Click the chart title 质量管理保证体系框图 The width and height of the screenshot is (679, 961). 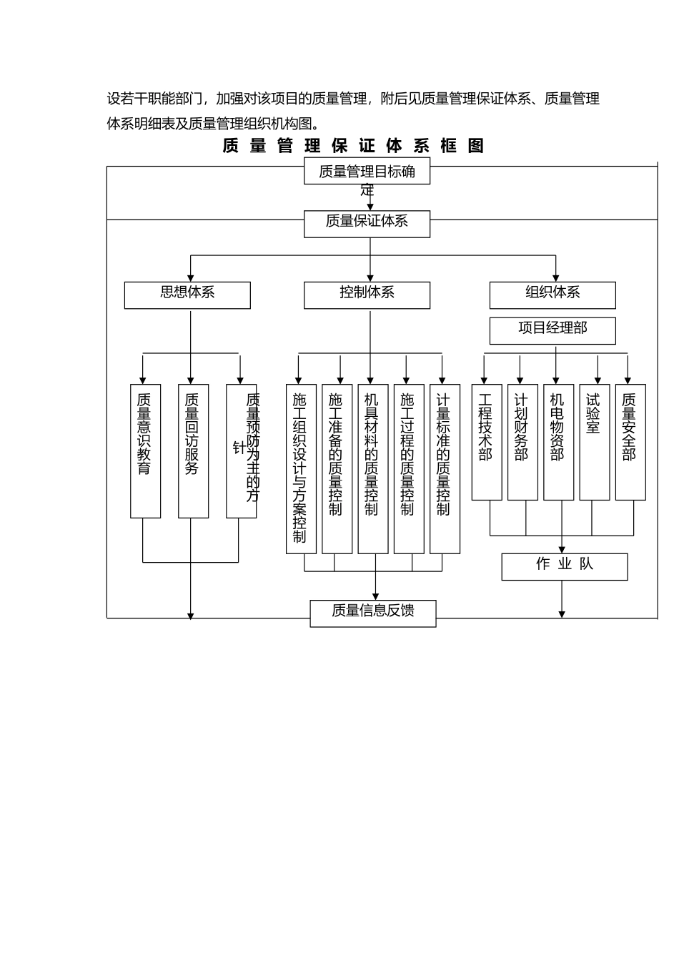click(x=354, y=146)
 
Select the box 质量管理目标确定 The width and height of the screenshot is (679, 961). click(x=367, y=172)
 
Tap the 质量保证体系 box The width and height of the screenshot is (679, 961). click(x=367, y=223)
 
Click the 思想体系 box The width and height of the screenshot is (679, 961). click(x=187, y=295)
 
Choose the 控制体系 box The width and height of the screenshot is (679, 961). click(x=367, y=295)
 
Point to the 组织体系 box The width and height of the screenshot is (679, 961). click(x=552, y=295)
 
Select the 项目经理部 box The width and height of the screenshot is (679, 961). click(x=552, y=330)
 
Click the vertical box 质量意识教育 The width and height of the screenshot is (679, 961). click(x=145, y=450)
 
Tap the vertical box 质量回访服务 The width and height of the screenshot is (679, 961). click(x=193, y=450)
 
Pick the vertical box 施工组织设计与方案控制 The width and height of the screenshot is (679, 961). click(x=301, y=468)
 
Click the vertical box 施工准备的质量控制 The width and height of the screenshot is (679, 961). click(x=337, y=468)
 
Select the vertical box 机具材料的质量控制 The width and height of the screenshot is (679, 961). click(x=372, y=468)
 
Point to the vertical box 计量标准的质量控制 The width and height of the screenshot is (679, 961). click(x=445, y=468)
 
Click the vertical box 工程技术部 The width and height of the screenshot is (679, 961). click(x=486, y=442)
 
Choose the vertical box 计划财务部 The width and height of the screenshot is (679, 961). click(x=522, y=442)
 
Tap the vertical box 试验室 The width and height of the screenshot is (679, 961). click(x=594, y=442)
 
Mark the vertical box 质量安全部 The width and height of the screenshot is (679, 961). click(x=630, y=442)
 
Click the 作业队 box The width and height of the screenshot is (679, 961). click(x=564, y=566)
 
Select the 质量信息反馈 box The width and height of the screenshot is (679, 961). click(x=372, y=613)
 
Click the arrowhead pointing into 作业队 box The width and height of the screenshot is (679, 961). click(x=562, y=549)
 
